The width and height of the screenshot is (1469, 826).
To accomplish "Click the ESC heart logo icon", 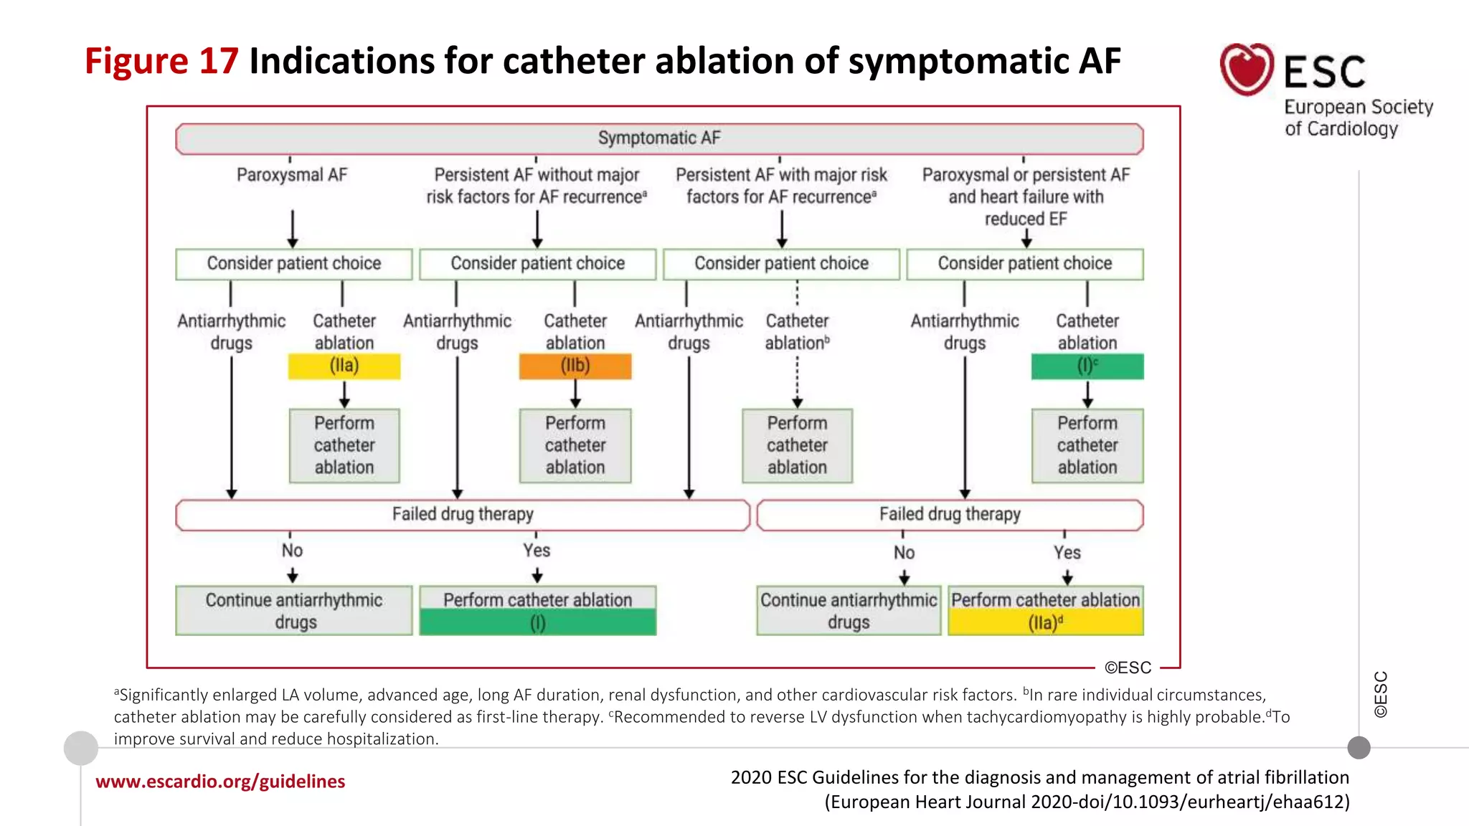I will click(1247, 69).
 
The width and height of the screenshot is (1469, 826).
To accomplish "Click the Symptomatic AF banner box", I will click(658, 138).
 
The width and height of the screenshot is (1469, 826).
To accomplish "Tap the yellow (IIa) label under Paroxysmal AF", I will click(344, 366).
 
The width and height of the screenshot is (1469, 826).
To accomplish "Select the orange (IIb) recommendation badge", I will click(575, 366).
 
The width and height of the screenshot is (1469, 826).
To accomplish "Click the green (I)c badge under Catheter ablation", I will click(1087, 366).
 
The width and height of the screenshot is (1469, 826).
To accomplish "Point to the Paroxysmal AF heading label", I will click(292, 175).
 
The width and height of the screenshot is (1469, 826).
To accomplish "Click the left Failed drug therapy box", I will click(463, 515).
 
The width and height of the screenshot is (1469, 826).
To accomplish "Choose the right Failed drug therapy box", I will click(950, 515).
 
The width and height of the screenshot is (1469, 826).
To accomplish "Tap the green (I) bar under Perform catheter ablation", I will click(537, 623).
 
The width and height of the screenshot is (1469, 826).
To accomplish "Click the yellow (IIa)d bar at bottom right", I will click(1045, 623).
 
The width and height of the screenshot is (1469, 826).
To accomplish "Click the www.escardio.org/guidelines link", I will click(220, 782).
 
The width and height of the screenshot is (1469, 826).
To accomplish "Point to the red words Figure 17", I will click(161, 61).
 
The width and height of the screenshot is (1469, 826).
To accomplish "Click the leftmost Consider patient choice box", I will click(294, 264).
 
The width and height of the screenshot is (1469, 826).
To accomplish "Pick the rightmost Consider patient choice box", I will click(1025, 264).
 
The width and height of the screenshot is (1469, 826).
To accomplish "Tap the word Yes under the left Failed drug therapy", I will click(537, 551).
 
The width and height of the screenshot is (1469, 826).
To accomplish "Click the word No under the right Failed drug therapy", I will click(904, 553).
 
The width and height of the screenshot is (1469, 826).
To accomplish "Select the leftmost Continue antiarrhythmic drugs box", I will click(294, 611).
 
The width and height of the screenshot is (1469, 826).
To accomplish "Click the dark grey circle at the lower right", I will click(1359, 748).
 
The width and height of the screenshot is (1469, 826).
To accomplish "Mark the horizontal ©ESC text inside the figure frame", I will click(1128, 668).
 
